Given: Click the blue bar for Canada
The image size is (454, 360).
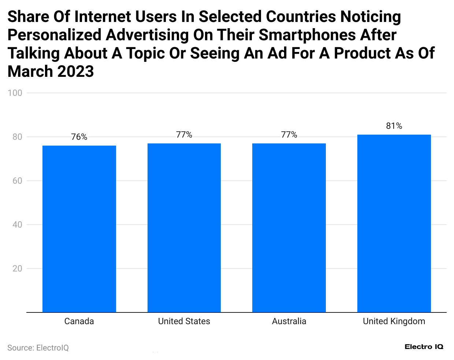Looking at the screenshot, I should pyautogui.click(x=79, y=229).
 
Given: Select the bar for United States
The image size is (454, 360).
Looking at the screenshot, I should pyautogui.click(x=184, y=228).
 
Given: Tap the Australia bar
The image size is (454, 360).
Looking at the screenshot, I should pyautogui.click(x=289, y=228).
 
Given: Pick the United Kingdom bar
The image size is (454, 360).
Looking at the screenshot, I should pyautogui.click(x=394, y=223).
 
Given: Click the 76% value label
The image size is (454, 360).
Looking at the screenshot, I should pyautogui.click(x=79, y=137).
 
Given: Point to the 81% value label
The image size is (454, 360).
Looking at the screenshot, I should pyautogui.click(x=394, y=126).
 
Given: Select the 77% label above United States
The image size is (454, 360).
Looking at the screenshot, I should pyautogui.click(x=184, y=135).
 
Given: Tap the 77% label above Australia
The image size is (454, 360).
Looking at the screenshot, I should pyautogui.click(x=289, y=135).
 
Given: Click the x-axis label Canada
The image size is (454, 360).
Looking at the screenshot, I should pyautogui.click(x=79, y=321).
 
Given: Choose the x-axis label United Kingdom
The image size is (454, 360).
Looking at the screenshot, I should pyautogui.click(x=394, y=321).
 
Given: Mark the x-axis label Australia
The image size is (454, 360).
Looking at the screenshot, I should pyautogui.click(x=289, y=321).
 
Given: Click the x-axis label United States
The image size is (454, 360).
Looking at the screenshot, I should pyautogui.click(x=184, y=321).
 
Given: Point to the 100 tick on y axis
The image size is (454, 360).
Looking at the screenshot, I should pyautogui.click(x=15, y=93).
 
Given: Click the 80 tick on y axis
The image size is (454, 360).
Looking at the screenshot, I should pyautogui.click(x=17, y=137).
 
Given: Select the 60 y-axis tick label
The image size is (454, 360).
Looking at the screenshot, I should pyautogui.click(x=17, y=181).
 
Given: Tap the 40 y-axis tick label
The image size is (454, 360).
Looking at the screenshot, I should pyautogui.click(x=17, y=225).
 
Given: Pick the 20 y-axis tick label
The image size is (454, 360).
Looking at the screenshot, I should pyautogui.click(x=17, y=269).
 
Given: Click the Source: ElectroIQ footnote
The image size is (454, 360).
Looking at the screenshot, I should pyautogui.click(x=38, y=348).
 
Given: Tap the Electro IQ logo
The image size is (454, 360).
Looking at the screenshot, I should pyautogui.click(x=424, y=347).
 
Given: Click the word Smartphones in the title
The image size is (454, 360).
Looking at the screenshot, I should pyautogui.click(x=307, y=35).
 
